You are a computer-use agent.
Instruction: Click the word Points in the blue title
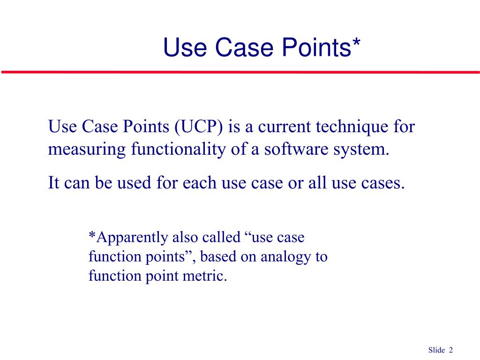(315, 48)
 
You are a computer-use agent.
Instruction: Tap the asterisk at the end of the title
(356, 43)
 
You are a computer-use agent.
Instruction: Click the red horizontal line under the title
(240, 72)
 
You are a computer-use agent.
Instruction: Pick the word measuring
(87, 150)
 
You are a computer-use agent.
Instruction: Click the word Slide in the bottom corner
(436, 350)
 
